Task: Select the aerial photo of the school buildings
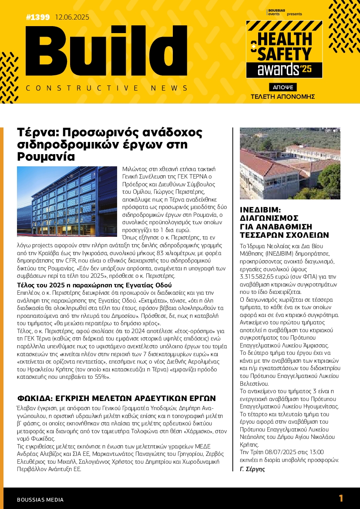coord(290,163)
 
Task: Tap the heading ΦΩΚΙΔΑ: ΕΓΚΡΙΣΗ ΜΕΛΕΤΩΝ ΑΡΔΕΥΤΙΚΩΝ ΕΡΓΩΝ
coord(116,398)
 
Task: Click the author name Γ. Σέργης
coord(252,469)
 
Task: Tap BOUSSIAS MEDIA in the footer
coord(40,499)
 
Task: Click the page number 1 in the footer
coord(341,499)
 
